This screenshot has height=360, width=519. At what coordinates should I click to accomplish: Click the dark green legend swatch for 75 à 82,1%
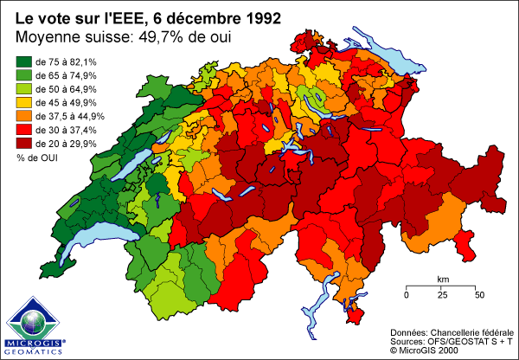pos(24,62)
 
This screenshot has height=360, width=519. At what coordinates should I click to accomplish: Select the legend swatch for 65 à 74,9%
pos(24,76)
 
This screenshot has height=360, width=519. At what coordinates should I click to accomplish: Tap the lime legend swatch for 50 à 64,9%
pos(24,89)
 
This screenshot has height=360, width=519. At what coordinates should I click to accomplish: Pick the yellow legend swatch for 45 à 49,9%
pos(24,103)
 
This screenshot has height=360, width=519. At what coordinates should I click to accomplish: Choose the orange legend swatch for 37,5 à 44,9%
pos(24,116)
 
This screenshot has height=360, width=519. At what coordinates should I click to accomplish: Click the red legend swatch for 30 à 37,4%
pos(24,130)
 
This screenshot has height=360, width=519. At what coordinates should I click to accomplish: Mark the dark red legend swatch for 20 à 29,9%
pos(24,143)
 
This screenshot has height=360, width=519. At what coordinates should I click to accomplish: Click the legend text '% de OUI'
pos(35,157)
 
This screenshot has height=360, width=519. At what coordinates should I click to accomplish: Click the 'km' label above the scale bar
pos(442,279)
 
